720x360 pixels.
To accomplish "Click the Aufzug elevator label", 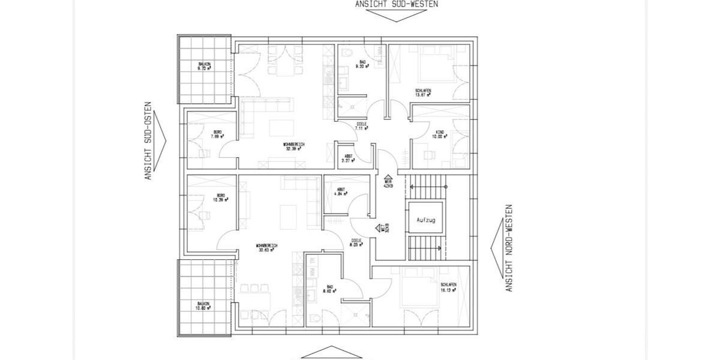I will (425, 220).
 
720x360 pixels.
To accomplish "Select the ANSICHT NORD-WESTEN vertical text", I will (509, 248).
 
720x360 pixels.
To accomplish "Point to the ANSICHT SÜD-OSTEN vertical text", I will (148, 145).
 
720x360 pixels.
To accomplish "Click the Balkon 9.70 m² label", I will (205, 67).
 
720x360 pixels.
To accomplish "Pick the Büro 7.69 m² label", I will (217, 134).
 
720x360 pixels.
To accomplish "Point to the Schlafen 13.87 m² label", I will (423, 93).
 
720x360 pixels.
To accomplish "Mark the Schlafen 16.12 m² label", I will (448, 287).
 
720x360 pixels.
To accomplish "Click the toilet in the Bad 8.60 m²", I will (316, 317).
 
